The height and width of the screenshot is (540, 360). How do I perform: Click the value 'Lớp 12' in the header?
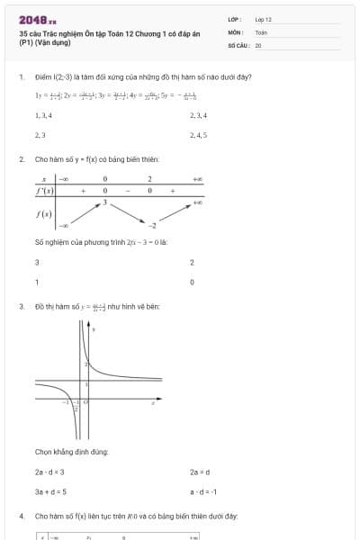point(263,19)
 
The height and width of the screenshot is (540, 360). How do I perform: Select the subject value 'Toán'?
point(261,31)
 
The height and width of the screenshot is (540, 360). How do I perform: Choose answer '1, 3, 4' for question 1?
point(43,116)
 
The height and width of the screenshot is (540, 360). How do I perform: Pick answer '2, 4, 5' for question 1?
point(199,135)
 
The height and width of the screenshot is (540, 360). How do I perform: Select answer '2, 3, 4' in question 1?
point(199,116)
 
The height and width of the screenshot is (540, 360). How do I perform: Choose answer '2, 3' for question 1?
point(40,135)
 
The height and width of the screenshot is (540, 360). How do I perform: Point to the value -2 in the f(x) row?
point(153,225)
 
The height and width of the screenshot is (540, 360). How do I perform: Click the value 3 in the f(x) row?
point(104,202)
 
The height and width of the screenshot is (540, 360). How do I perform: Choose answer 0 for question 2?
point(192,282)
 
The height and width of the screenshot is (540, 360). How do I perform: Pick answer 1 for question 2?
point(36,282)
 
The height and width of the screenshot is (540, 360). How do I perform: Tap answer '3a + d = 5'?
point(50,491)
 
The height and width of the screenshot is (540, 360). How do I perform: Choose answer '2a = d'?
point(199,472)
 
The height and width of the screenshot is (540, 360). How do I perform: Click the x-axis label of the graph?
point(154,403)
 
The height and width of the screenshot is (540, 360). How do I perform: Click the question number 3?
point(21,306)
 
